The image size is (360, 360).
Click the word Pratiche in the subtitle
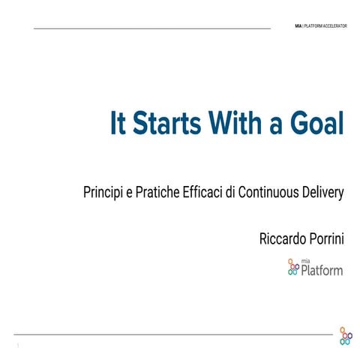157,192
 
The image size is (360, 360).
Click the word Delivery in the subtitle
323,192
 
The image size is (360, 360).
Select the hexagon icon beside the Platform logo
293,266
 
